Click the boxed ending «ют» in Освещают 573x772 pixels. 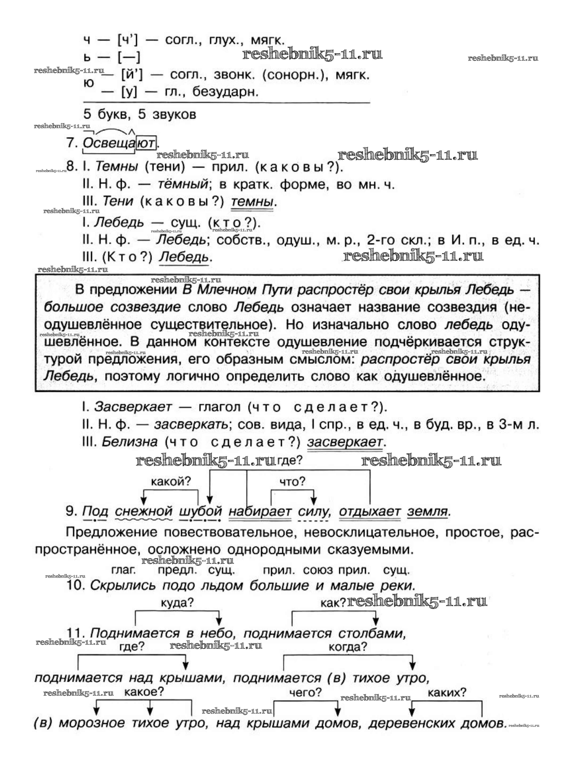tap(146, 143)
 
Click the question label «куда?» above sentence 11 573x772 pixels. tap(177, 603)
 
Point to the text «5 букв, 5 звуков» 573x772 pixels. tap(140, 114)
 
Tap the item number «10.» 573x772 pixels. tap(75, 585)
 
